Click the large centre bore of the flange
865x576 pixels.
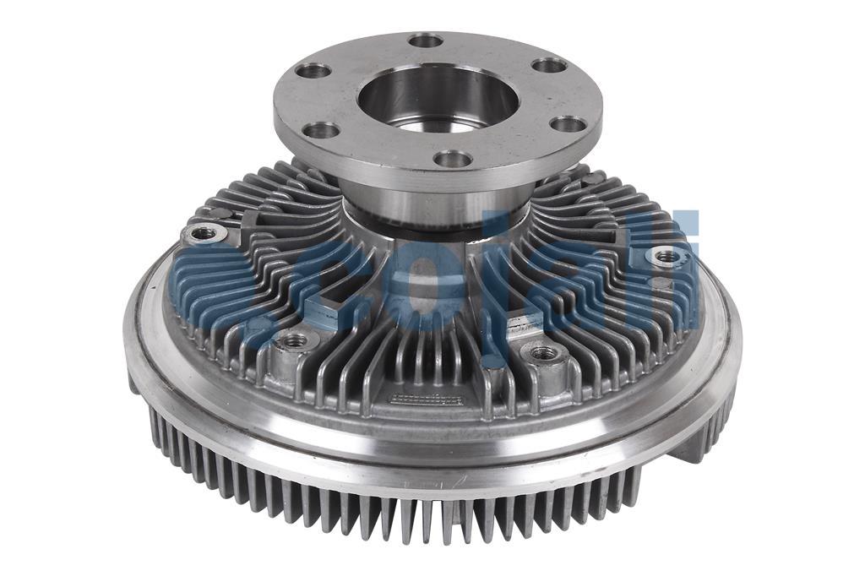(x=437, y=97)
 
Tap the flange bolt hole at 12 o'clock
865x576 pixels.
(x=425, y=40)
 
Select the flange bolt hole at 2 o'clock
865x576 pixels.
(x=549, y=65)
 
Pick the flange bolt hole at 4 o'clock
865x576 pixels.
(x=568, y=124)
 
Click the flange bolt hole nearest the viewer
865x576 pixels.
(x=454, y=158)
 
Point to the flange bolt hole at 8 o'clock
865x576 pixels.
(x=321, y=130)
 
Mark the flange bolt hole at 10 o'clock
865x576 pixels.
(x=314, y=70)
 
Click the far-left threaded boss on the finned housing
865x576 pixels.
(x=202, y=232)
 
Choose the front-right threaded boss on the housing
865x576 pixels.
(x=545, y=352)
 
